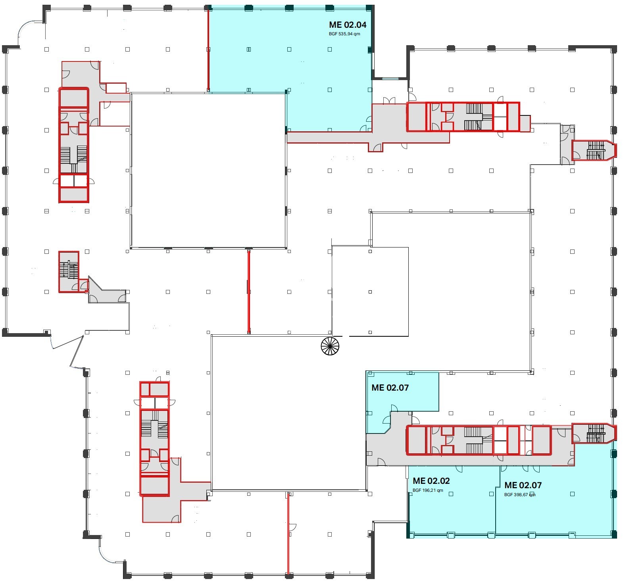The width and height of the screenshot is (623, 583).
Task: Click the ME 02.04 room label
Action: [348, 25]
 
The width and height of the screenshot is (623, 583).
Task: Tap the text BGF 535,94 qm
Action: [344, 34]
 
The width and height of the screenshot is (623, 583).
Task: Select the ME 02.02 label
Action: [431, 481]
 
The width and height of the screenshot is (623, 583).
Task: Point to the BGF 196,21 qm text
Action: [428, 491]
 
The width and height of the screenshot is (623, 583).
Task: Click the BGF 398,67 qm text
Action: [520, 495]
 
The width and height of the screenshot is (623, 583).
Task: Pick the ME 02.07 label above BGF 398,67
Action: [523, 485]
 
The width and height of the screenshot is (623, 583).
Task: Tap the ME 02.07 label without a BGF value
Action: [390, 388]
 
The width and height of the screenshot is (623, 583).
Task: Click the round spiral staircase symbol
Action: [330, 346]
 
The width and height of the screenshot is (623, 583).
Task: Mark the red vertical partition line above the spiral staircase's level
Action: [249, 292]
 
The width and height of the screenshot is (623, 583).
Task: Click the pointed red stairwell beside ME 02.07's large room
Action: [594, 433]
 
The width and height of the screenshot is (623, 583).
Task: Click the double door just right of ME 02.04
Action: [389, 101]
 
